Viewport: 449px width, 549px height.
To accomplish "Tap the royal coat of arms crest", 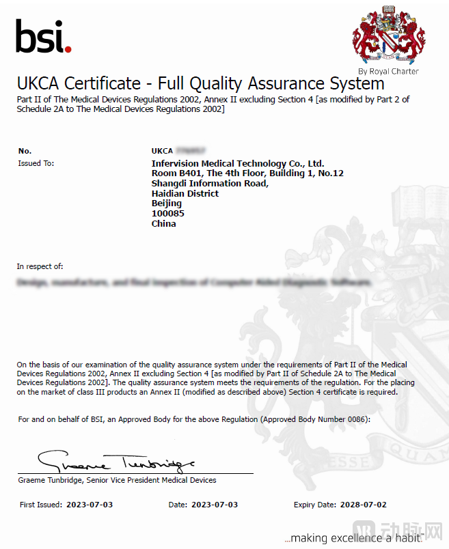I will tap(388, 35).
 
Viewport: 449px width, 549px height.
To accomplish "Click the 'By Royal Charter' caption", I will tap(388, 71).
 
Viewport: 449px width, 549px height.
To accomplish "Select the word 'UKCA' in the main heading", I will tap(39, 84).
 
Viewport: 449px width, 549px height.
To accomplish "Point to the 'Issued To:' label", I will tap(36, 163).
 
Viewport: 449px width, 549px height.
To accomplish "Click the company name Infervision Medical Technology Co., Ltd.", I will tap(237, 163).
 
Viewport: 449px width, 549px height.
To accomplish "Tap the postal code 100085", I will tap(167, 214).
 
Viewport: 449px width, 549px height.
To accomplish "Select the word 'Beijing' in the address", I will tap(166, 203).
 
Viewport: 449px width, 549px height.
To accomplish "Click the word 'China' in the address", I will tap(163, 224).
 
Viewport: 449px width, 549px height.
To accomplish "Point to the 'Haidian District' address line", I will tap(185, 193).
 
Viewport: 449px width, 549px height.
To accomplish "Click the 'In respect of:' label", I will tap(40, 266).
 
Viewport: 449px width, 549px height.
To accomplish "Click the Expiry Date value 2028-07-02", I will tap(364, 505).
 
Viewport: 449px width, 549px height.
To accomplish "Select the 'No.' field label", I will tap(25, 150).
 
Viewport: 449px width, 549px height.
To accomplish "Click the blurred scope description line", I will tap(195, 282).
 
